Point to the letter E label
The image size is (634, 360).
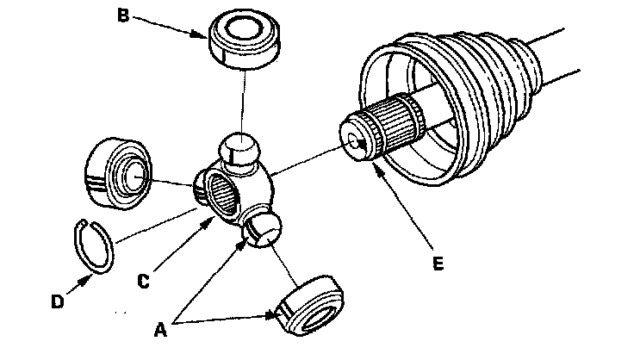coord(438,265)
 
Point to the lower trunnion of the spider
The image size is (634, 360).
coord(261,229)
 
